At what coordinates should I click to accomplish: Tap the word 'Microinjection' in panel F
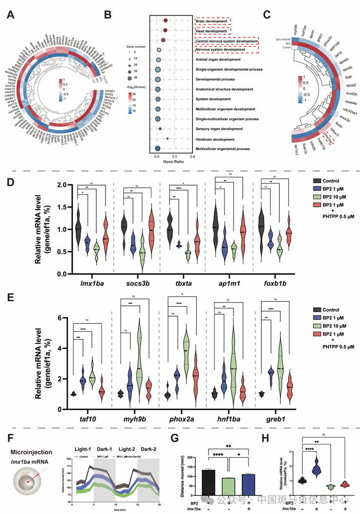(30, 448)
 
